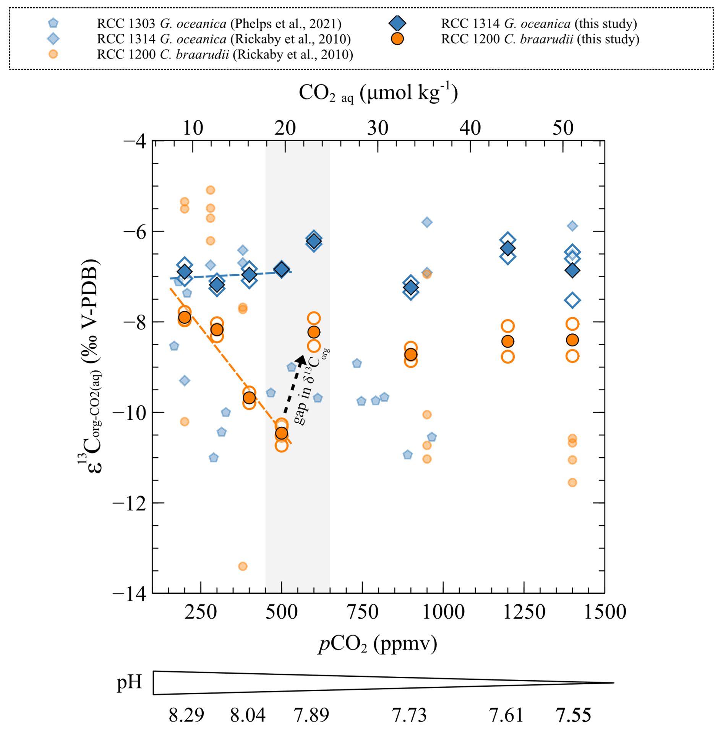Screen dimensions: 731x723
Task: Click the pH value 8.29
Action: click(x=186, y=715)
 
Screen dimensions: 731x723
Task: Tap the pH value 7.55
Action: click(x=573, y=715)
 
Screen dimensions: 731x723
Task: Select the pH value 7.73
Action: click(x=409, y=715)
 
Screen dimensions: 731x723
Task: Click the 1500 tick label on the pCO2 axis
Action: click(x=605, y=612)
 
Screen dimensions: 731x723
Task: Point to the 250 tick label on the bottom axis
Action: click(x=201, y=612)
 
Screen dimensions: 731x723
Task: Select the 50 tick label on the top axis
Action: click(x=563, y=128)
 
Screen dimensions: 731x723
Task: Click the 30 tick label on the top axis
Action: click(x=378, y=128)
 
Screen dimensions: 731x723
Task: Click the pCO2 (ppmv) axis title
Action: click(x=378, y=645)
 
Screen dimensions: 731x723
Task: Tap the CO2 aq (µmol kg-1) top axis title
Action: click(x=378, y=93)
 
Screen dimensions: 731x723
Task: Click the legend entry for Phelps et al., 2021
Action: click(x=219, y=24)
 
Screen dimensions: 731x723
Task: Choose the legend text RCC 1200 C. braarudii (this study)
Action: click(x=540, y=39)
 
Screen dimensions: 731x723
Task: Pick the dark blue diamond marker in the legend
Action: click(x=397, y=23)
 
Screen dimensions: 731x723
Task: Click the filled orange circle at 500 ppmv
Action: click(x=282, y=433)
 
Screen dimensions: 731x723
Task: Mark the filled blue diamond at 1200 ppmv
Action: click(x=507, y=248)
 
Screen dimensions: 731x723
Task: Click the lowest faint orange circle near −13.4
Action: click(x=243, y=566)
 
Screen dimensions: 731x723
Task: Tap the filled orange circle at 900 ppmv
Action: click(x=411, y=354)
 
